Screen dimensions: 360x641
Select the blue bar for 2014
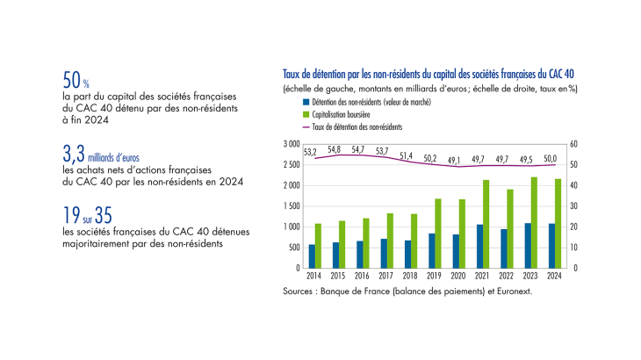pos(311,256)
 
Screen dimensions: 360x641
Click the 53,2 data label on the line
pos(310,151)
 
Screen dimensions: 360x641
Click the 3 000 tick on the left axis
pos(291,143)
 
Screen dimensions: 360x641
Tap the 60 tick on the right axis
pos(573,143)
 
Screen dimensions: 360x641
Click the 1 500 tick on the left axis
pos(291,205)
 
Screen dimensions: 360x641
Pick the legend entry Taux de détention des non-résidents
pos(351,126)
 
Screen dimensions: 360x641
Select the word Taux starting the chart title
pos(292,76)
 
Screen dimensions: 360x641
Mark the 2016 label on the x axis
pos(362,275)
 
